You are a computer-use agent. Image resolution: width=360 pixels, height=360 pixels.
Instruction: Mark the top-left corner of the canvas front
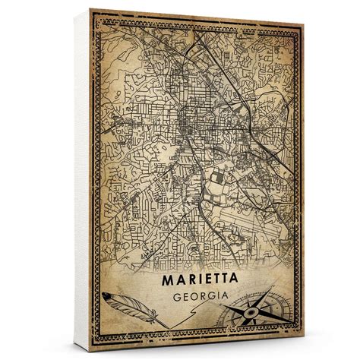(x=89, y=9)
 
